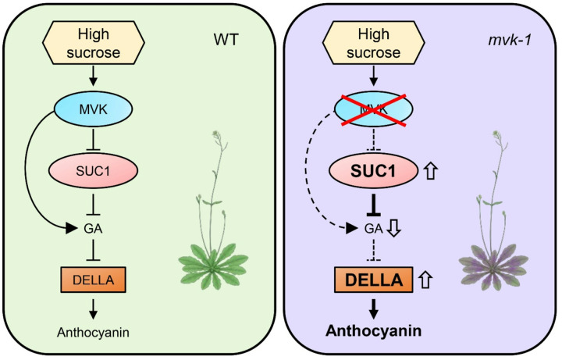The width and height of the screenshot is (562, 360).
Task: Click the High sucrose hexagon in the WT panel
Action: pyautogui.click(x=94, y=43)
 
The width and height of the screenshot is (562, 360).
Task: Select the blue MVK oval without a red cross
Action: pyautogui.click(x=93, y=109)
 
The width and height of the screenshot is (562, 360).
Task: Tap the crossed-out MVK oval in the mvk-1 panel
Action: pyautogui.click(x=373, y=109)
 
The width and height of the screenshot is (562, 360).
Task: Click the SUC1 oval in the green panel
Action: pyautogui.click(x=93, y=171)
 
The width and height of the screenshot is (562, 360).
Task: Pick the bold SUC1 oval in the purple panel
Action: pyautogui.click(x=373, y=170)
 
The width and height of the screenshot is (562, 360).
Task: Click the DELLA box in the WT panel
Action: pyautogui.click(x=93, y=280)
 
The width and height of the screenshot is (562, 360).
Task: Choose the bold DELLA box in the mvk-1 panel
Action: pyautogui.click(x=373, y=280)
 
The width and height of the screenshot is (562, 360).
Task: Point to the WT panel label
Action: pyautogui.click(x=226, y=40)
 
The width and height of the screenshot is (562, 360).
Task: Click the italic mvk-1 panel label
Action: pyautogui.click(x=509, y=40)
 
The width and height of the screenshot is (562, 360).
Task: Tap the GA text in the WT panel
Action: pyautogui.click(x=93, y=228)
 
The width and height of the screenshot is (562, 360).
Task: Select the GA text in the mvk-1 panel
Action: pyautogui.click(x=373, y=228)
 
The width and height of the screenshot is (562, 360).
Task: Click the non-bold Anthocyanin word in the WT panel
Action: pyautogui.click(x=93, y=333)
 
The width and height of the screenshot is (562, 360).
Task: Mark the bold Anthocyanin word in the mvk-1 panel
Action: pyautogui.click(x=373, y=330)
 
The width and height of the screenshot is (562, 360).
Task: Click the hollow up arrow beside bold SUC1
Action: pyautogui.click(x=430, y=170)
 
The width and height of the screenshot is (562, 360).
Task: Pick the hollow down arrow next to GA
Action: pyautogui.click(x=394, y=228)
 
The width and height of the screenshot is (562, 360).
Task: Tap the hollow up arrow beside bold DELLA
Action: pyautogui.click(x=425, y=280)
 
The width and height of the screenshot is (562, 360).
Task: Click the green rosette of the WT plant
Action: pyautogui.click(x=213, y=266)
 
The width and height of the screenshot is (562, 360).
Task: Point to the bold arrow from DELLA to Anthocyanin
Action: pyautogui.click(x=373, y=308)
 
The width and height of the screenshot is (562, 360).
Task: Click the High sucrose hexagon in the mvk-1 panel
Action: pyautogui.click(x=373, y=43)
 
